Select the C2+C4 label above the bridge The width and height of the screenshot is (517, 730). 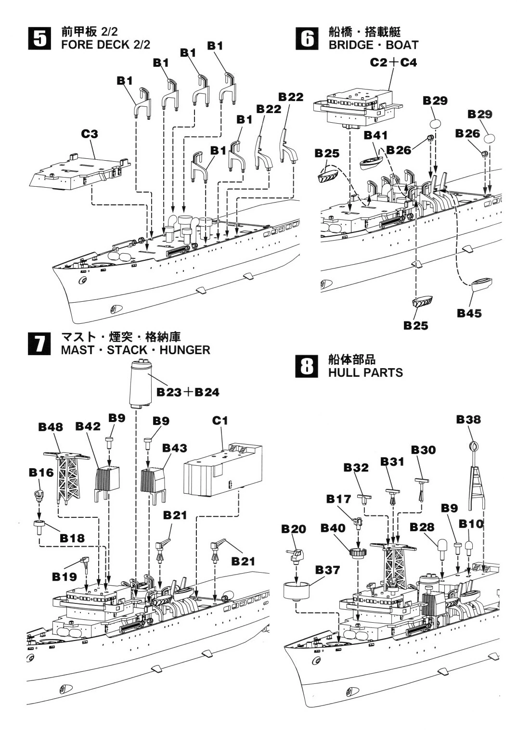[x=393, y=63]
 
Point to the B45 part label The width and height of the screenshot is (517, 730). [x=469, y=313]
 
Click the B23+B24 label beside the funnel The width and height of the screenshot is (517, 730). [x=188, y=392]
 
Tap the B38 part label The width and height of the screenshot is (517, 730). [x=468, y=420]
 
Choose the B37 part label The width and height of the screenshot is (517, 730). [x=327, y=570]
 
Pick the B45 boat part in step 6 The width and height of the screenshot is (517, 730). [x=481, y=284]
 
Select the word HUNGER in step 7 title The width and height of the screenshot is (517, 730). [x=185, y=350]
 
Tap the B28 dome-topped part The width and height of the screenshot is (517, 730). [x=441, y=547]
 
